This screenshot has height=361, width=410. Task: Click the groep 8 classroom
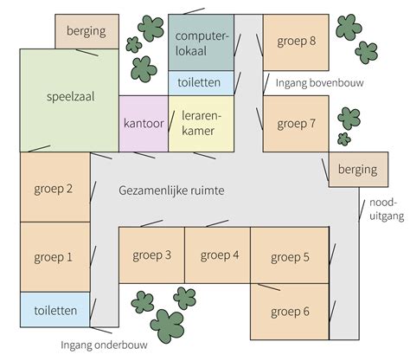(297, 42)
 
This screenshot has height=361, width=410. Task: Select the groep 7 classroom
(297, 124)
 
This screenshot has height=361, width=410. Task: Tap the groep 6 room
(289, 312)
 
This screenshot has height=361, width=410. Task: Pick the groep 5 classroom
(289, 256)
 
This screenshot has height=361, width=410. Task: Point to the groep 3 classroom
(151, 255)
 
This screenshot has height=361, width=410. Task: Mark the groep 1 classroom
(54, 257)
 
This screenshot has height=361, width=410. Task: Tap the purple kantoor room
(143, 123)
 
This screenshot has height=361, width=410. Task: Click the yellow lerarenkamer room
(202, 123)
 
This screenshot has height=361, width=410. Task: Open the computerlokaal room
(201, 42)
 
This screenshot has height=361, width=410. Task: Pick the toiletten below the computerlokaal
(201, 84)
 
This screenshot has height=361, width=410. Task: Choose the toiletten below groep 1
(54, 310)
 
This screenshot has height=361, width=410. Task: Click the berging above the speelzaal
(86, 31)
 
